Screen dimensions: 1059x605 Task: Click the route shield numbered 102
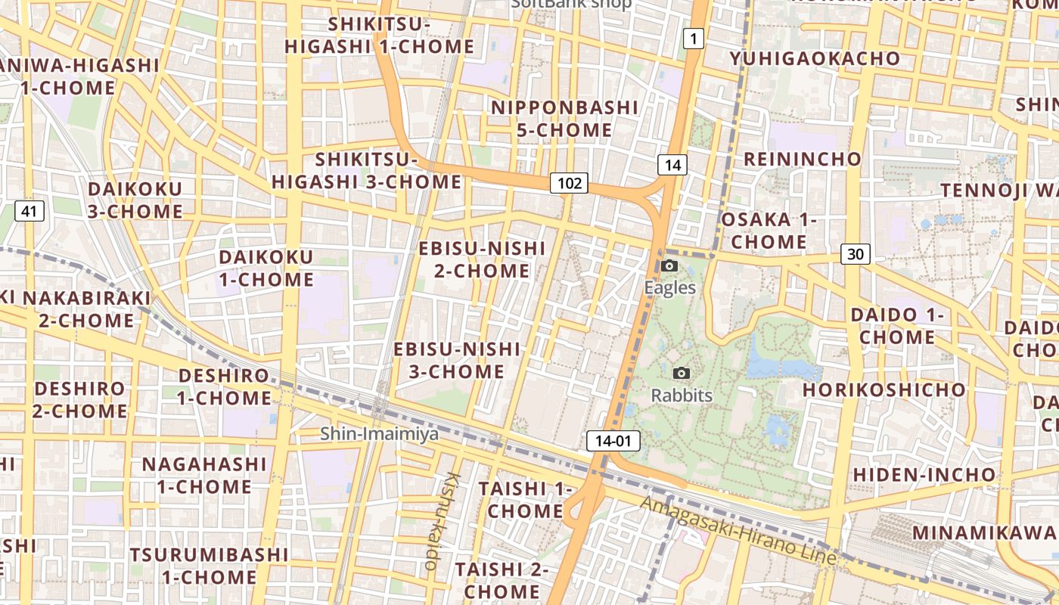click(569, 182)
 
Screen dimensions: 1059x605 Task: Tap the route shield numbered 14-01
click(613, 441)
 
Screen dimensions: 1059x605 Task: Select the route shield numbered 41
click(29, 211)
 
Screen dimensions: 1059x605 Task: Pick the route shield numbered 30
click(855, 254)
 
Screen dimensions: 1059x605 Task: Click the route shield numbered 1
click(693, 38)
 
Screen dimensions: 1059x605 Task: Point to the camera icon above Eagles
click(669, 265)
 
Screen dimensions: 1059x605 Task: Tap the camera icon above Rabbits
click(682, 373)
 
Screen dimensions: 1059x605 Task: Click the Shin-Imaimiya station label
click(379, 434)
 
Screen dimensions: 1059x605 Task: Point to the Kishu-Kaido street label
click(443, 521)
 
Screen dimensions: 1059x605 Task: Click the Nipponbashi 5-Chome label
click(564, 119)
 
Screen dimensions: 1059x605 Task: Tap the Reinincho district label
click(803, 159)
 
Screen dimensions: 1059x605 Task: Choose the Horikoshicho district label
click(884, 390)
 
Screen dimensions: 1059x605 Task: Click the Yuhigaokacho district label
click(815, 58)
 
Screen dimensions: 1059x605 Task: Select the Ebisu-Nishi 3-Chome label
click(457, 360)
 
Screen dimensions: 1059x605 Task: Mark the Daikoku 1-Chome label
click(266, 268)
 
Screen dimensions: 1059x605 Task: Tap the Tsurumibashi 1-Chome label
click(208, 566)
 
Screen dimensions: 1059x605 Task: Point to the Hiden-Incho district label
click(924, 475)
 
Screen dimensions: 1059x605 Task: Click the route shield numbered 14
click(672, 165)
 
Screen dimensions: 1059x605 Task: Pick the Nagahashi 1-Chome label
click(204, 475)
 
